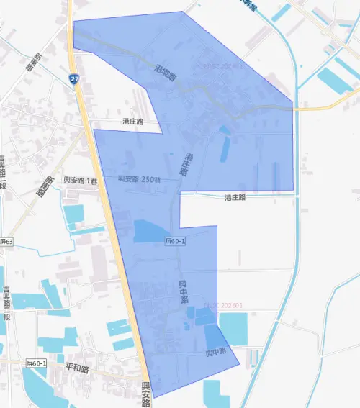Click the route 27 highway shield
click(75, 78)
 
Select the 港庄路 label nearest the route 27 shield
click(132, 122)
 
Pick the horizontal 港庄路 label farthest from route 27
click(235, 196)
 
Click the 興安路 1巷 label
click(81, 181)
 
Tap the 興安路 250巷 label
click(138, 178)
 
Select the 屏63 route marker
click(6, 242)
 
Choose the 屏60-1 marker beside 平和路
click(37, 364)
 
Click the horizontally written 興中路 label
click(216, 352)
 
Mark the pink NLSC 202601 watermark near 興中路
click(223, 305)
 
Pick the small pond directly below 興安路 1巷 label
click(73, 214)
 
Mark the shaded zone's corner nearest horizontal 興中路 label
click(239, 366)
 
